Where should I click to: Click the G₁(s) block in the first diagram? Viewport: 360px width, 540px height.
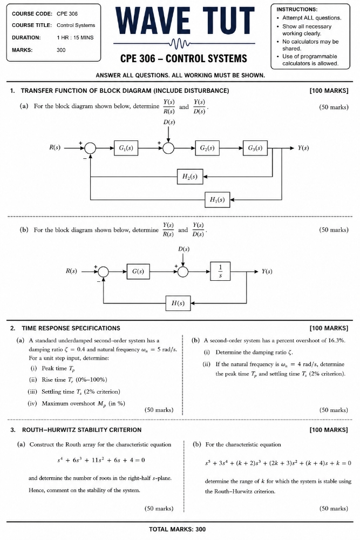click(x=126, y=148)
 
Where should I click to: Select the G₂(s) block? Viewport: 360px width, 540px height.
click(x=207, y=148)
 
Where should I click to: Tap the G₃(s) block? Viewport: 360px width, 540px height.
click(x=255, y=148)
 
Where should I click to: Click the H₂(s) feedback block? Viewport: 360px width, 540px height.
click(x=190, y=177)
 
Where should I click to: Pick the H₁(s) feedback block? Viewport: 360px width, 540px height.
click(x=217, y=199)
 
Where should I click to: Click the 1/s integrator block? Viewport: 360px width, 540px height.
click(x=220, y=271)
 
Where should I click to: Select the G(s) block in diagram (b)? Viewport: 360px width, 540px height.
click(x=138, y=272)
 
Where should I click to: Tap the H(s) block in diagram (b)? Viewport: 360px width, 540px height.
click(x=178, y=303)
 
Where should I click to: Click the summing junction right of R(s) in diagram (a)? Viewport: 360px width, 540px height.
click(x=90, y=148)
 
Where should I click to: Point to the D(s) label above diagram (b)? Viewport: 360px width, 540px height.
click(x=184, y=248)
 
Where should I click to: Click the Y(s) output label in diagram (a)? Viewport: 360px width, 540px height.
click(x=303, y=148)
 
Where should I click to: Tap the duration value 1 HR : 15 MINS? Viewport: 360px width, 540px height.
click(x=75, y=38)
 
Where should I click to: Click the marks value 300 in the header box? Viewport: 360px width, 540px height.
click(x=61, y=50)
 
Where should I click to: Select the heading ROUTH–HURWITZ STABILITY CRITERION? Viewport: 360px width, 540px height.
click(x=81, y=430)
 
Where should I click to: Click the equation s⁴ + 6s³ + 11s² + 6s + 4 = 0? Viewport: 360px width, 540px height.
click(x=101, y=460)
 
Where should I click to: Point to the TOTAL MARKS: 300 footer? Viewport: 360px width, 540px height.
click(x=177, y=529)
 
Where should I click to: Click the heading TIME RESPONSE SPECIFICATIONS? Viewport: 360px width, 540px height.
click(x=71, y=328)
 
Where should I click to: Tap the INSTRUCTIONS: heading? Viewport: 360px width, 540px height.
click(x=297, y=9)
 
